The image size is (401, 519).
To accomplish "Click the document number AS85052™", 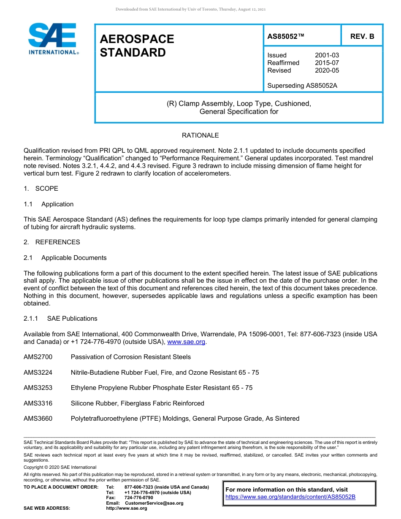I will pos(286,36).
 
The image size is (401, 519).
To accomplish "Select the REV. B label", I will pos(362,36).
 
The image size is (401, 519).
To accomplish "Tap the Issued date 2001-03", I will pos(327,55).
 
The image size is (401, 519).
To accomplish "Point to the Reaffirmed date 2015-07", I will pos(327,63).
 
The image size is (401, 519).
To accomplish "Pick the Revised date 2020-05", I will pos(327,70).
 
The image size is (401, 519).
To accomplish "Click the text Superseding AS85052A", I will pos(302,86).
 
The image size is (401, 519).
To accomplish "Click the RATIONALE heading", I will pos(200,135).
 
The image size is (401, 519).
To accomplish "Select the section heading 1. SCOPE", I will pos(41,189).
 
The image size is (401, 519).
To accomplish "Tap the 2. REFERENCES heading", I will pos(51,242).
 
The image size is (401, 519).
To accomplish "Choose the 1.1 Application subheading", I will pos(49,204).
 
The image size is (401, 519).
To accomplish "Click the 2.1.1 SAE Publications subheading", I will pos(60,319).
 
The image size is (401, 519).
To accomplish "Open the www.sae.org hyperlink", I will pos(186,342).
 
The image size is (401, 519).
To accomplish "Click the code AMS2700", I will pos(38,357).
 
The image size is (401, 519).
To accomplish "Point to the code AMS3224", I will pos(38,373).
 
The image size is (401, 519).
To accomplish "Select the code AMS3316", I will pos(38,403).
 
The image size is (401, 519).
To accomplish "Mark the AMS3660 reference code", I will pos(38,419).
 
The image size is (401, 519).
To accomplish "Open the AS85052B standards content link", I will pos(290,497).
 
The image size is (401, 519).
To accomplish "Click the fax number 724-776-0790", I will pos(138,498).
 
